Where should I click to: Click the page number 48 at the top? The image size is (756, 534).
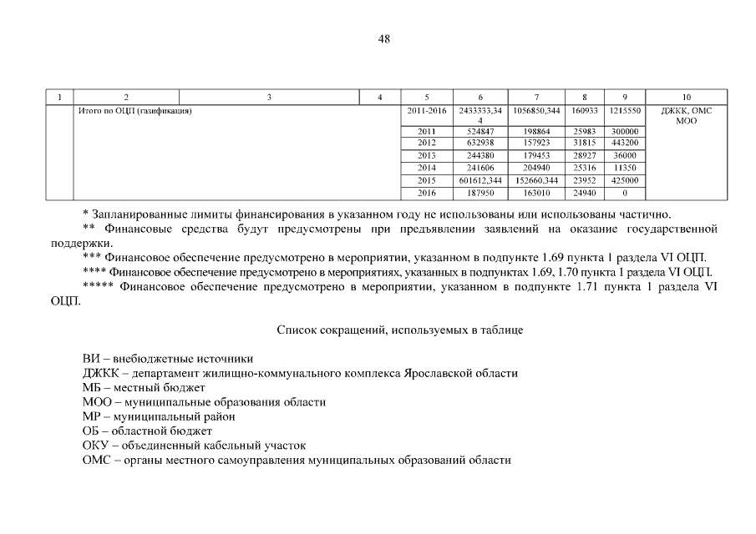point(383,39)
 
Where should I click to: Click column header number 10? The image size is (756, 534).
point(686,98)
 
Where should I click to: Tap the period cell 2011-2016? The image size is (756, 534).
point(427,110)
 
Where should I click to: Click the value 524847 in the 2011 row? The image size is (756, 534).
point(480,132)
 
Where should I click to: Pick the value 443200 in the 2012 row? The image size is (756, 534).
point(625,144)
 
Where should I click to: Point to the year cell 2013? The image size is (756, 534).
point(427,156)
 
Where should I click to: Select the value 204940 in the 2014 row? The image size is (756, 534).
point(535,168)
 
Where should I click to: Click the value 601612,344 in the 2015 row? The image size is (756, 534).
point(480,180)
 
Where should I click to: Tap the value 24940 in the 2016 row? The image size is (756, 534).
point(585,193)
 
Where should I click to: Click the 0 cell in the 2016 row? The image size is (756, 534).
point(625,193)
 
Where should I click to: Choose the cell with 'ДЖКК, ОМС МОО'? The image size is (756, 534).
point(686,115)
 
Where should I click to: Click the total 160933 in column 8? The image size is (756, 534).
point(585,110)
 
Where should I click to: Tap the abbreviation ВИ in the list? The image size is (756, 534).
point(91,359)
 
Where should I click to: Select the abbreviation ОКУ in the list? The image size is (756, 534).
point(94,446)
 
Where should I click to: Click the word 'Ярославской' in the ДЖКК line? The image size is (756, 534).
point(440,373)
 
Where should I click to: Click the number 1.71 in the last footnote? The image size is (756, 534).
point(587,286)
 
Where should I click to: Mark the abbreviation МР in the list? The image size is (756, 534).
point(92,416)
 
